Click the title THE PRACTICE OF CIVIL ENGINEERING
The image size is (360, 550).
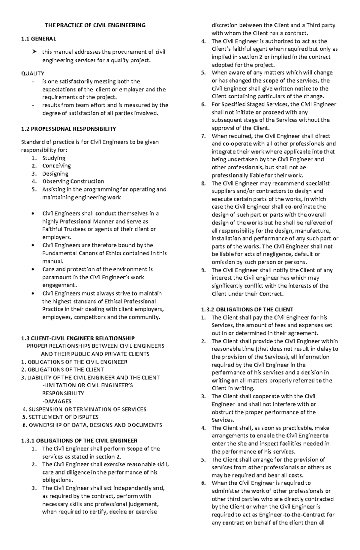point(95,25)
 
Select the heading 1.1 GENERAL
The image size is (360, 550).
point(38,39)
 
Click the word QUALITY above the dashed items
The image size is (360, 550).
point(33,73)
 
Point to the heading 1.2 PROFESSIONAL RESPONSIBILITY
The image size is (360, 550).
point(68,129)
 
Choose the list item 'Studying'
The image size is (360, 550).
point(54,158)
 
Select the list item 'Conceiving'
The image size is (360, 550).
point(56,166)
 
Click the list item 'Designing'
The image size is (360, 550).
point(55,174)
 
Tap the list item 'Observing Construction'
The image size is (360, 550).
point(73,181)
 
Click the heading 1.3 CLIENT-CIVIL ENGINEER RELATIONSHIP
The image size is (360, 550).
point(78,338)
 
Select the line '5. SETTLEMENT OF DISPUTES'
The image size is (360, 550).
point(61,417)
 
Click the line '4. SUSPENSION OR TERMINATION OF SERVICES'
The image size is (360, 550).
point(85,409)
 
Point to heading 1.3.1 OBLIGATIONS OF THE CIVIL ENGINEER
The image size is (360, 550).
point(79,441)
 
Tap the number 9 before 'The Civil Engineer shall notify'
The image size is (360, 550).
point(203,270)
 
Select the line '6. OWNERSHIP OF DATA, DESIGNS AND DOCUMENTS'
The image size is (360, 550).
point(92,425)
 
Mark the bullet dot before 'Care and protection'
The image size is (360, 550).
point(32,269)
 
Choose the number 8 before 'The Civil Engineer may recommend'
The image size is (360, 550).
point(203,183)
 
